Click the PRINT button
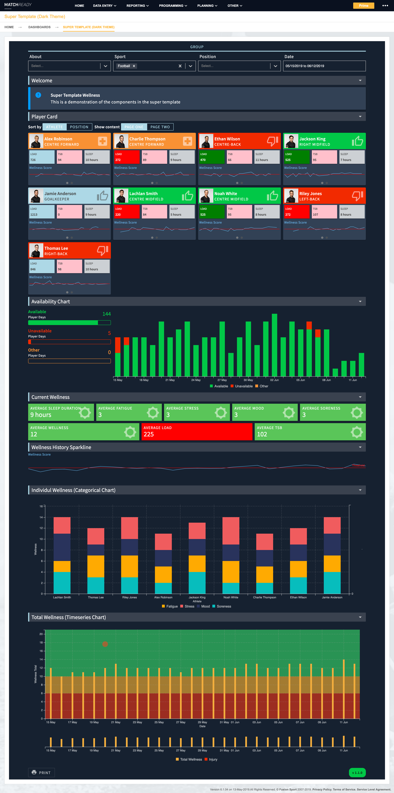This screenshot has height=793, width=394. pyautogui.click(x=42, y=772)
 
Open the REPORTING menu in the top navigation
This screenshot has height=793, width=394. pyautogui.click(x=137, y=5)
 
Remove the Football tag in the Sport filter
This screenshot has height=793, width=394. pyautogui.click(x=134, y=66)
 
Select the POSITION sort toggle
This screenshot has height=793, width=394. pyautogui.click(x=79, y=127)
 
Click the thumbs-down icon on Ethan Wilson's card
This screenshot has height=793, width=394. pyautogui.click(x=272, y=141)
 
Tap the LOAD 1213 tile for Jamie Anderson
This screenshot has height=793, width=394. pyautogui.click(x=42, y=212)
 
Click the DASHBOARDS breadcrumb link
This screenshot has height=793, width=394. pyautogui.click(x=39, y=27)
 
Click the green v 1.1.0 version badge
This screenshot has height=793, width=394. pyautogui.click(x=357, y=772)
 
